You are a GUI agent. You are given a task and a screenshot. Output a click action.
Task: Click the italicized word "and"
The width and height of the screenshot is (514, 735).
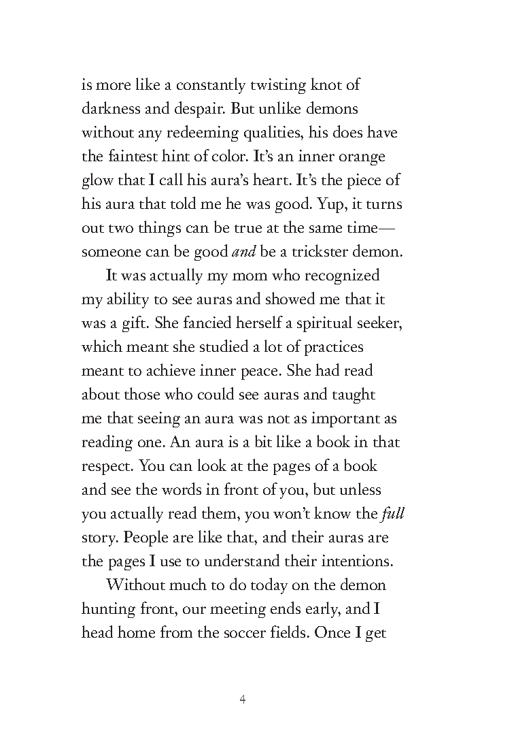(243, 252)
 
